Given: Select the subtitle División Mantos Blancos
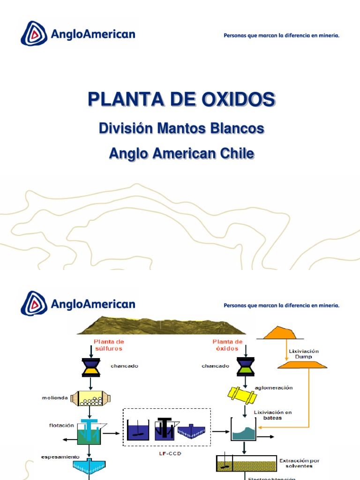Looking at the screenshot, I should (181, 128).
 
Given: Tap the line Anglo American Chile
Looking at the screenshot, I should (181, 153).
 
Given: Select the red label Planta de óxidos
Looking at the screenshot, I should (227, 345).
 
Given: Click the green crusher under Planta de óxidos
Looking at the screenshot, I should (246, 366).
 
